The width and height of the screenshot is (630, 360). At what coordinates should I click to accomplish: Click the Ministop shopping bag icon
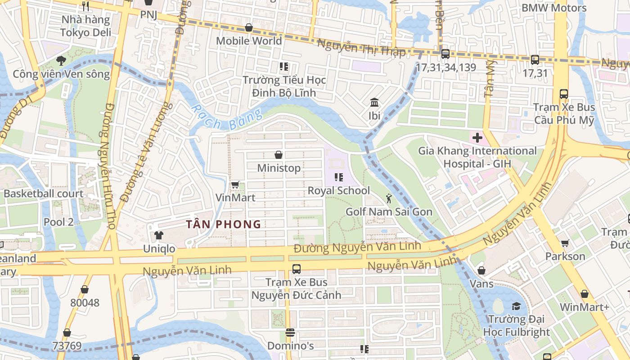279,155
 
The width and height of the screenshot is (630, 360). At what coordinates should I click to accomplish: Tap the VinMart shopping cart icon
235,184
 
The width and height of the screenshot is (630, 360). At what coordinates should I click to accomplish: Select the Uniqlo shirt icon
158,235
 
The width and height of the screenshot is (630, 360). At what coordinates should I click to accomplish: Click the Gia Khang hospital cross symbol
477,137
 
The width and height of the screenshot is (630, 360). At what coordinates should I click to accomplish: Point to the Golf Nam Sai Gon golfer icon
389,198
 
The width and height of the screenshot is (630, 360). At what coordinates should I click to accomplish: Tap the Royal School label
338,190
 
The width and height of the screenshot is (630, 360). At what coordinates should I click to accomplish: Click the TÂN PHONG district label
224,224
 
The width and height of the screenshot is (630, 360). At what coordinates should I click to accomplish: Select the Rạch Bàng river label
226,118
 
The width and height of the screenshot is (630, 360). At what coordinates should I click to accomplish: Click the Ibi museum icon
374,103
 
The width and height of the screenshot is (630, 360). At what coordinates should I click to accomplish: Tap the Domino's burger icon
290,333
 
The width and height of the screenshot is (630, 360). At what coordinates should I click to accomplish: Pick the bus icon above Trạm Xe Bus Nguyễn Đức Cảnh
296,269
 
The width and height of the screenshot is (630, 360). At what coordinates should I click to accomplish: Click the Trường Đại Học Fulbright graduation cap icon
516,306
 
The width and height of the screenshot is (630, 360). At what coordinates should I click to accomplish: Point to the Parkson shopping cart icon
565,243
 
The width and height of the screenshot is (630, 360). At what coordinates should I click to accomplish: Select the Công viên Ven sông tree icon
61,61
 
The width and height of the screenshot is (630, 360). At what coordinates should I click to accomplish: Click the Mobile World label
249,40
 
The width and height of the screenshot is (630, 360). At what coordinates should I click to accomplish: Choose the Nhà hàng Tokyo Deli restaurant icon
85,6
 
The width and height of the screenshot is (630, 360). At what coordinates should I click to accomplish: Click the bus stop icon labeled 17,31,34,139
445,54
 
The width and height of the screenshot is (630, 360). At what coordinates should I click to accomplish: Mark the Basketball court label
43,193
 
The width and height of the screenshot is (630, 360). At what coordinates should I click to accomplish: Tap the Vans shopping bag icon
481,270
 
